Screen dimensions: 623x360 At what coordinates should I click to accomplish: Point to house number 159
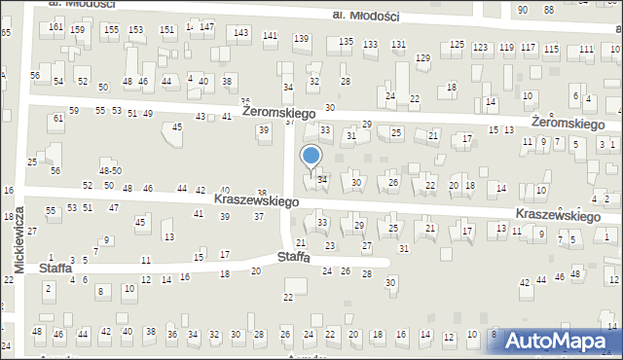click(77, 30)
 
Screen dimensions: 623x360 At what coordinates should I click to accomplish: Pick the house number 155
click(112, 30)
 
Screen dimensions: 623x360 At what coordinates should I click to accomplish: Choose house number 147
click(206, 26)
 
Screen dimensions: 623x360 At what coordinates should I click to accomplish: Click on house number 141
click(271, 36)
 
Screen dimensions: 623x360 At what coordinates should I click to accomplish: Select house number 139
click(302, 39)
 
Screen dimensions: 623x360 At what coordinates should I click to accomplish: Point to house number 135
click(346, 42)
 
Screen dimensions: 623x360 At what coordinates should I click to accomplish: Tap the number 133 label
click(370, 45)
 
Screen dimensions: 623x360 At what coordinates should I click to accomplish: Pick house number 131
click(398, 45)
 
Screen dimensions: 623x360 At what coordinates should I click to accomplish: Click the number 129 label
click(422, 58)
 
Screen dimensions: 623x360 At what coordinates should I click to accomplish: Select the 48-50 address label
click(109, 170)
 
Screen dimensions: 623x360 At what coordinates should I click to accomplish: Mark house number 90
click(523, 10)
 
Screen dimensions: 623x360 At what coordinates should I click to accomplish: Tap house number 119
click(505, 47)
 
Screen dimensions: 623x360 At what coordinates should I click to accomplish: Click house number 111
click(586, 49)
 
